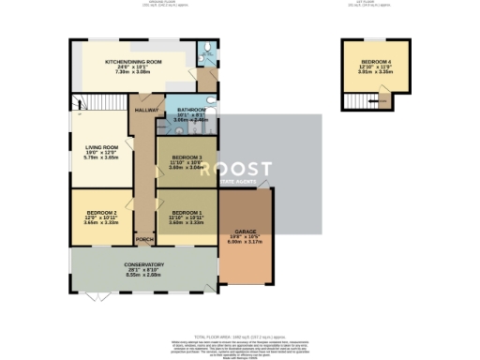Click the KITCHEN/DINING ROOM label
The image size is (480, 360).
[x=135, y=62]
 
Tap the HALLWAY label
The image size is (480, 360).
[x=145, y=111]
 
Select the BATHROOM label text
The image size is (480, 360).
[x=189, y=110]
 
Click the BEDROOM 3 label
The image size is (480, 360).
[x=187, y=157]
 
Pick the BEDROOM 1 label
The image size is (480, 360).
[x=187, y=213]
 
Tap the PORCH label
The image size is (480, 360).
[x=144, y=239]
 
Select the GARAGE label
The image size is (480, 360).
[x=246, y=231]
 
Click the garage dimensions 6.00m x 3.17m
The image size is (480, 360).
[x=246, y=242]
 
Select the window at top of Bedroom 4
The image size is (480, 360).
[x=375, y=38]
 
